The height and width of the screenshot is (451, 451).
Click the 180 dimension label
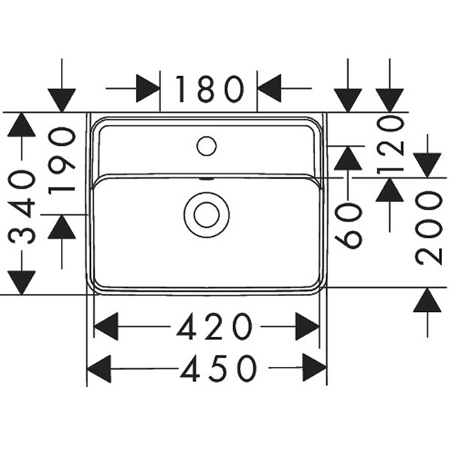[210, 89]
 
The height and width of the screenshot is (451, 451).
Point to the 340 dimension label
[23, 207]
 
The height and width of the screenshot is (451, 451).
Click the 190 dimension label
[62, 159]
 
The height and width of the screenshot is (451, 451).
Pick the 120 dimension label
[392, 144]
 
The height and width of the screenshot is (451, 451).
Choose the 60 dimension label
[349, 225]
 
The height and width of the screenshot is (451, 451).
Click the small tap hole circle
[206, 145]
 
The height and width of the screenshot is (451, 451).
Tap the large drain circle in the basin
[206, 214]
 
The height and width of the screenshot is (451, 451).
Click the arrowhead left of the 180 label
[148, 89]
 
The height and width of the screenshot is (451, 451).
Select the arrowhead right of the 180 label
[269, 89]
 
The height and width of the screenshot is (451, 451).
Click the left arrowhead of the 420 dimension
[106, 327]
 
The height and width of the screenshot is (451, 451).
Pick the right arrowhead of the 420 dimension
[307, 327]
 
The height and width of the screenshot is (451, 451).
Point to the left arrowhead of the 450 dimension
[99, 368]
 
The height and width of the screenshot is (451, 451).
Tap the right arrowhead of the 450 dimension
[315, 368]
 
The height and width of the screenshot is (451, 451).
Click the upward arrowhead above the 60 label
[347, 158]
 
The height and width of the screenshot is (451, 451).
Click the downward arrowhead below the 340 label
[22, 282]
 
